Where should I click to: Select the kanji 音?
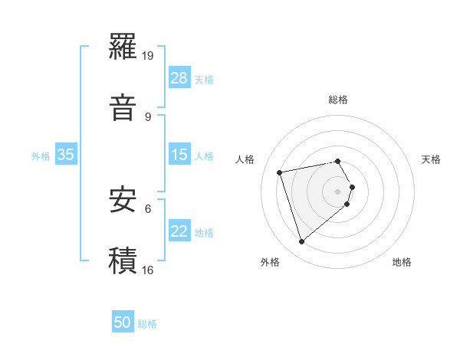[x=123, y=107]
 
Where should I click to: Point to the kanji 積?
[x=123, y=260]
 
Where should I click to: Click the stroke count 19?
[x=148, y=55]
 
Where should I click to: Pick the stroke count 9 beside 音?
[x=148, y=116]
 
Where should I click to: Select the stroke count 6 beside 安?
[x=148, y=208]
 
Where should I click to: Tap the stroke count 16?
[x=148, y=270]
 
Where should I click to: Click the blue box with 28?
[x=179, y=78]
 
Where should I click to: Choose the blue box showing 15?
[x=179, y=155]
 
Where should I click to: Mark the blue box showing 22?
[x=179, y=231]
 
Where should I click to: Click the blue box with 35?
[x=66, y=155]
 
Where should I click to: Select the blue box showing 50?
[x=123, y=323]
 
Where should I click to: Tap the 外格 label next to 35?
[x=41, y=155]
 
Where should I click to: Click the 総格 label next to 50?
[x=147, y=324]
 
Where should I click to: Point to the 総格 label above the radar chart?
[x=338, y=100]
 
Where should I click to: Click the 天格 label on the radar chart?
[x=431, y=159]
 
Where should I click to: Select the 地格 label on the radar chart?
[x=402, y=263]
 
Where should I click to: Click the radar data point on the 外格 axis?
[x=301, y=242]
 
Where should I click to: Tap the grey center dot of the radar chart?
[x=338, y=191]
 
